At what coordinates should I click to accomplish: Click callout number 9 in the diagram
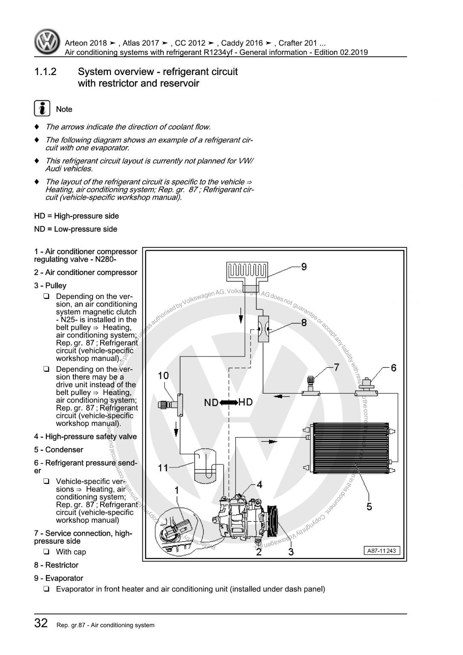click(304, 267)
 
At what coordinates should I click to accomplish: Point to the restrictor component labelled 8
click(263, 329)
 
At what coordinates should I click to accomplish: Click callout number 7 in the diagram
click(336, 367)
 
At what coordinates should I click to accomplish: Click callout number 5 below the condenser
click(369, 506)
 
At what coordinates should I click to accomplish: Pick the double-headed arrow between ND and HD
click(229, 402)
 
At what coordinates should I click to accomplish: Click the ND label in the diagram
click(211, 402)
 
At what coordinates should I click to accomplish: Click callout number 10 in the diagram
click(163, 376)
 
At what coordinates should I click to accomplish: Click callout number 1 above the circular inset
click(176, 491)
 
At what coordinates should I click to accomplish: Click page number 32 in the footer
click(41, 623)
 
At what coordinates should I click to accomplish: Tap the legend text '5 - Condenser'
click(59, 449)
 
